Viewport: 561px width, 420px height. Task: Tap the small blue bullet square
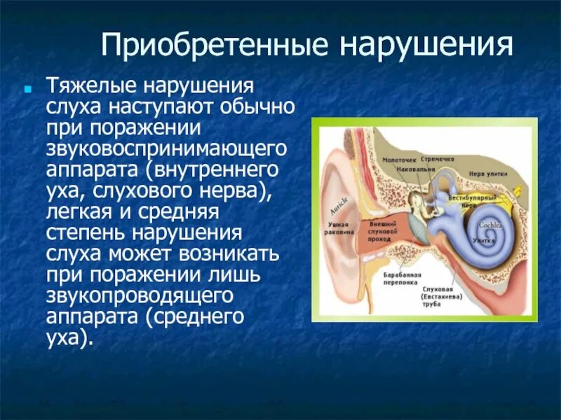[28, 91]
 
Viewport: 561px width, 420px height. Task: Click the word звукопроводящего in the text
[143, 295]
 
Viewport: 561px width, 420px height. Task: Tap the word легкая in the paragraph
[81, 211]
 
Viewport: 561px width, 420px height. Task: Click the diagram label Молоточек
[399, 160]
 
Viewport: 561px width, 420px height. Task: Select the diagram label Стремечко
[439, 159]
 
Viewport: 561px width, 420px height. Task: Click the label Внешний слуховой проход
[383, 232]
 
